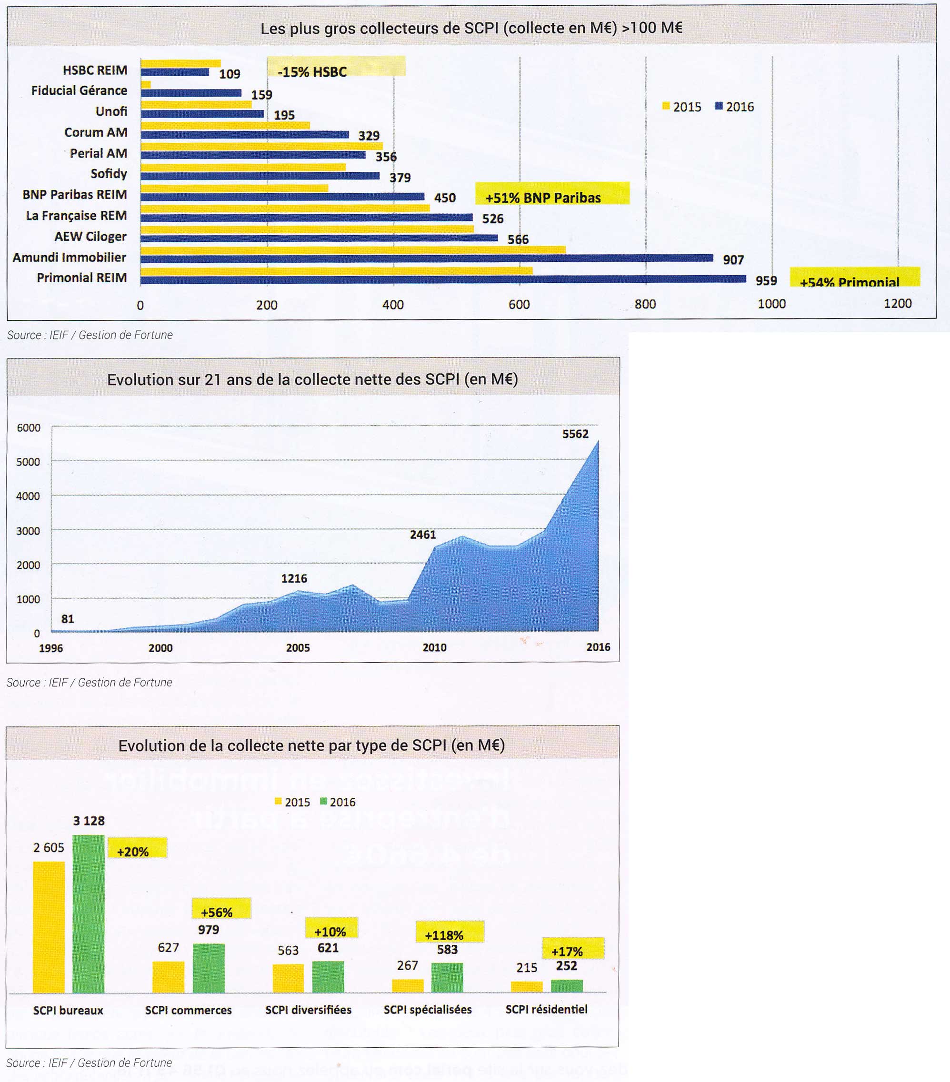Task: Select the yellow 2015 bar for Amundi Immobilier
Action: pyautogui.click(x=353, y=249)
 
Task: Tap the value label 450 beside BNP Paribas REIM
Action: pyautogui.click(x=445, y=198)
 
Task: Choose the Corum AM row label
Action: pyautogui.click(x=96, y=132)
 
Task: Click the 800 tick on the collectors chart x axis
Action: pyautogui.click(x=645, y=304)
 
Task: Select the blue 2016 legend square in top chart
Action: pyautogui.click(x=719, y=106)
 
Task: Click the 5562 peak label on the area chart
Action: pyautogui.click(x=575, y=434)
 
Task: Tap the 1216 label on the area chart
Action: pyautogui.click(x=294, y=578)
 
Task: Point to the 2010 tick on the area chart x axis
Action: pyautogui.click(x=434, y=647)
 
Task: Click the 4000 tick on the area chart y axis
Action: pyautogui.click(x=28, y=496)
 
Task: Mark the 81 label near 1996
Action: pyautogui.click(x=67, y=619)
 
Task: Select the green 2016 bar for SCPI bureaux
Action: pyautogui.click(x=89, y=913)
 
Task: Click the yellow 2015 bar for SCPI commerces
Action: pyautogui.click(x=169, y=977)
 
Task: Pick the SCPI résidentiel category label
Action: pyautogui.click(x=547, y=1010)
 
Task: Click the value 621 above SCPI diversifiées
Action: pyautogui.click(x=328, y=948)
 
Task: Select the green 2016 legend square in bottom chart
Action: pyautogui.click(x=323, y=802)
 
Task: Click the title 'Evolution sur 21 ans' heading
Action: pyautogui.click(x=312, y=379)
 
